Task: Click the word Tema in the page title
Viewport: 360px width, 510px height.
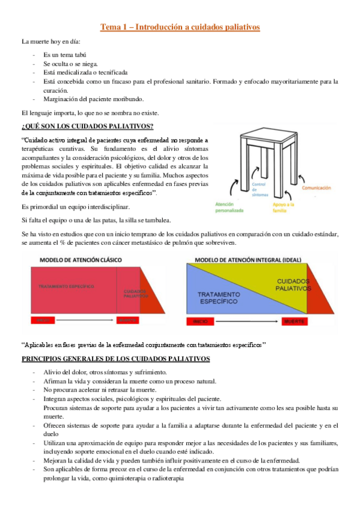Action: [x=111, y=26]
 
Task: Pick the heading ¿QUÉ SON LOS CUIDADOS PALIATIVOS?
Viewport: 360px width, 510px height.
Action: [x=87, y=125]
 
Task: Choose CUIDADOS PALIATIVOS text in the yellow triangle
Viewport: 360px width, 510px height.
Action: [x=293, y=284]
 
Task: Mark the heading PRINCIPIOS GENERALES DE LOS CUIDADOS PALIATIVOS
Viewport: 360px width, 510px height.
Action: [x=115, y=359]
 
